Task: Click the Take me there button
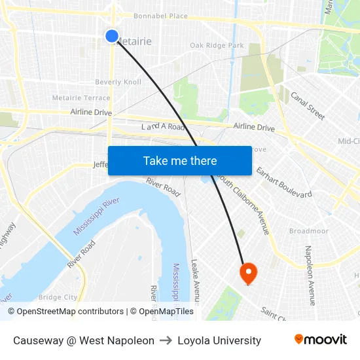(x=180, y=160)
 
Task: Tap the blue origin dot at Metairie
(x=112, y=36)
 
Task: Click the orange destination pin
(x=249, y=272)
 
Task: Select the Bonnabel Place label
(x=160, y=16)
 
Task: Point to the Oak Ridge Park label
(x=217, y=46)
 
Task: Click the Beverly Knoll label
(x=118, y=82)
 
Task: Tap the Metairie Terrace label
(x=81, y=98)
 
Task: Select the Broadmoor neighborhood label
(x=308, y=231)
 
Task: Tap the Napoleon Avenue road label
(x=310, y=275)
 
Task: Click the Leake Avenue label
(x=194, y=281)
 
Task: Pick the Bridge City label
(x=58, y=297)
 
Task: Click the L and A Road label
(x=164, y=127)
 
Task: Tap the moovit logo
(x=321, y=340)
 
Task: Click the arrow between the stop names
(x=166, y=340)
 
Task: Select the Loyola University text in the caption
(x=219, y=340)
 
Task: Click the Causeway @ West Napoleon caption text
(x=84, y=340)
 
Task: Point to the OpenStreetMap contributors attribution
(x=65, y=312)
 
